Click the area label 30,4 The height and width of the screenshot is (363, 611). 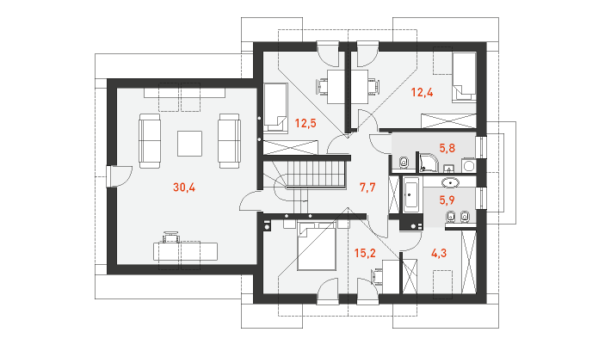click(x=184, y=188)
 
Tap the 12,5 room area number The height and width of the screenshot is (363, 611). click(x=305, y=124)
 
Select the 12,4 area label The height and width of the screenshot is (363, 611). click(x=422, y=93)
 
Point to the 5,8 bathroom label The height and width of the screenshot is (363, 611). click(x=447, y=148)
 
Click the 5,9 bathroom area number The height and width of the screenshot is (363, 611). click(x=447, y=200)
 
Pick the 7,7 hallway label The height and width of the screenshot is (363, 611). click(x=367, y=188)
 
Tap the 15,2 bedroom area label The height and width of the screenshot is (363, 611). click(x=365, y=253)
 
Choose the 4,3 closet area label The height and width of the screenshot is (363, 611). click(x=439, y=253)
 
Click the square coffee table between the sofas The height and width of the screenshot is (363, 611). click(x=190, y=144)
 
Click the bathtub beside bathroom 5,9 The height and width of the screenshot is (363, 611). click(x=410, y=194)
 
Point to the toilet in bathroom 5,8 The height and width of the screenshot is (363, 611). click(x=404, y=162)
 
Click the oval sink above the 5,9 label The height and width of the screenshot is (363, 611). click(x=450, y=181)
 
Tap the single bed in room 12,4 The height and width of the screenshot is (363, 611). click(x=464, y=77)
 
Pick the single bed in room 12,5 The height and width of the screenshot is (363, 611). click(x=275, y=108)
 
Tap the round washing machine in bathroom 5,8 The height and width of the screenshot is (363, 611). click(x=468, y=165)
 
